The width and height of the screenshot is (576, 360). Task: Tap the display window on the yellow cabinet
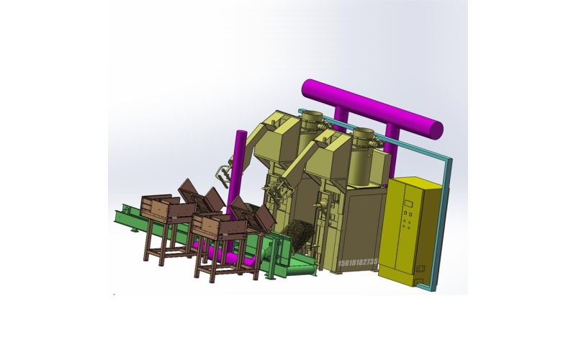(x=408, y=204)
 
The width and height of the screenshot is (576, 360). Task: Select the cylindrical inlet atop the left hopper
(x=312, y=119)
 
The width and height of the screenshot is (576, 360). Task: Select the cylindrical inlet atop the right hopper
(x=364, y=137)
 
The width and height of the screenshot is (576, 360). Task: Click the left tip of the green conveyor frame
(x=117, y=214)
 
